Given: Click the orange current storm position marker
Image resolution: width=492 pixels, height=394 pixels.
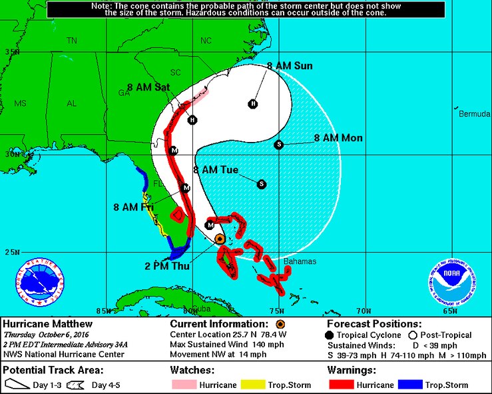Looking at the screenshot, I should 220,238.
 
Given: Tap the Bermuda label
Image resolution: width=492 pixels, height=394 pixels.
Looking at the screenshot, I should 473,114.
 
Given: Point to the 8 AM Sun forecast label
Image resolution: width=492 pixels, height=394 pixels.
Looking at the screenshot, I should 290,66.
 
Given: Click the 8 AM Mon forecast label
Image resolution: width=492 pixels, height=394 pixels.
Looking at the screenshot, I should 338,138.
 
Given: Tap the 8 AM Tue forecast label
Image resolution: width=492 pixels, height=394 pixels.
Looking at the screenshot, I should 216,170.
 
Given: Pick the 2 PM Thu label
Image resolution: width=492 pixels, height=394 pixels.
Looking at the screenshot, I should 168,266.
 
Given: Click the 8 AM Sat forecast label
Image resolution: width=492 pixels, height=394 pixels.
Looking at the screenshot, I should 148,87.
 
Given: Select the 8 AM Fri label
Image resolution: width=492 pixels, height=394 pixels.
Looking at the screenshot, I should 134,207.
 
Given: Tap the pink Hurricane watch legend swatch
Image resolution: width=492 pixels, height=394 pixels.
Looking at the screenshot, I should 187,385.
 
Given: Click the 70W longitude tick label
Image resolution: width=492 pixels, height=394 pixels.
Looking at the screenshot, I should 363,311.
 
